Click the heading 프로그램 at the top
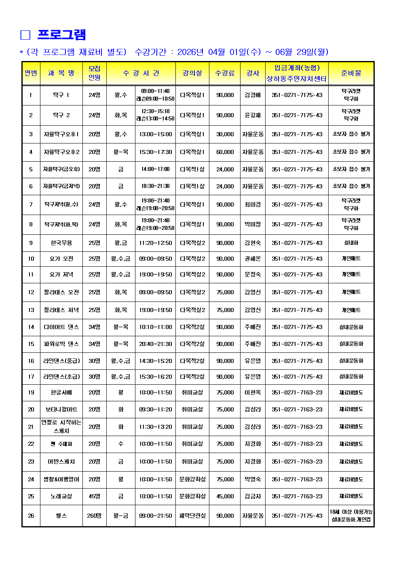(61, 35)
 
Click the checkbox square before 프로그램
(25, 35)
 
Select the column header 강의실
(192, 73)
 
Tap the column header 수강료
(225, 73)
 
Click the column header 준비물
(351, 73)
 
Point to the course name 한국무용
(61, 243)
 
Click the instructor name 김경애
(253, 95)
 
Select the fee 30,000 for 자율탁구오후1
(225, 134)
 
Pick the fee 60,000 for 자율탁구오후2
(225, 152)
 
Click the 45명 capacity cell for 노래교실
(94, 496)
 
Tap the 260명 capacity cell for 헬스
(94, 516)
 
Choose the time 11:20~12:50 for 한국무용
(155, 243)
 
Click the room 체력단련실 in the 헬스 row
(192, 516)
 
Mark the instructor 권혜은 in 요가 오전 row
(253, 259)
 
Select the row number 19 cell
(31, 392)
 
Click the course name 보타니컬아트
(61, 409)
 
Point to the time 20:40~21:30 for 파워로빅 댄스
(155, 344)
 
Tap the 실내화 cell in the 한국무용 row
(351, 243)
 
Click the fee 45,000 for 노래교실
(225, 496)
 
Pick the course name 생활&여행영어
(61, 479)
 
